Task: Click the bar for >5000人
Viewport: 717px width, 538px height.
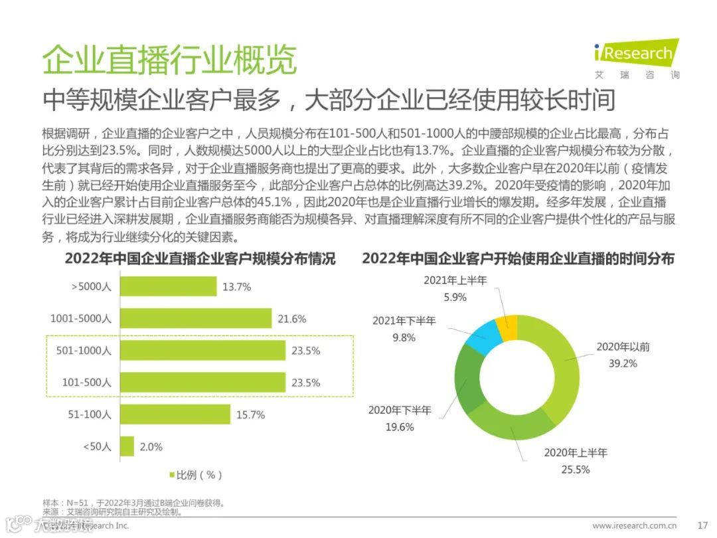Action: click(x=169, y=286)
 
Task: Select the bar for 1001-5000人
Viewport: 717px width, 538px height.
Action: click(x=196, y=318)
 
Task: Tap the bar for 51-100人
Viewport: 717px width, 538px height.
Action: click(x=175, y=414)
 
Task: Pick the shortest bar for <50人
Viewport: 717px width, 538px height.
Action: click(x=127, y=446)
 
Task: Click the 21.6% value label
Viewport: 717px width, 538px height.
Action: click(x=291, y=319)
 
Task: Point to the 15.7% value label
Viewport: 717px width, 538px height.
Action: click(x=250, y=415)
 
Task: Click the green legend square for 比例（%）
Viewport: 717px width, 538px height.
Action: click(x=171, y=475)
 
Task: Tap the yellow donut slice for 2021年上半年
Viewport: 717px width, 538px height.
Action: click(x=509, y=328)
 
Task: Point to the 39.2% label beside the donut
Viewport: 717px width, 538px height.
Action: click(x=623, y=363)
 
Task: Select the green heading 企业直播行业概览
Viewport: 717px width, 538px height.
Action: click(x=169, y=61)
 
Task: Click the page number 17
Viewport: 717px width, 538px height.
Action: click(x=703, y=525)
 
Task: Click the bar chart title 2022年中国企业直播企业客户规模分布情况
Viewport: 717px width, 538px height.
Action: click(x=200, y=259)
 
